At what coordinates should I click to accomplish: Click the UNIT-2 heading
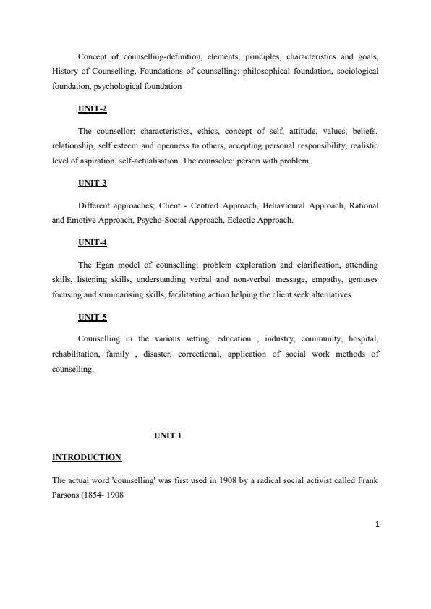pyautogui.click(x=92, y=109)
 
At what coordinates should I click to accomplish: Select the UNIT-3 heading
pyautogui.click(x=92, y=183)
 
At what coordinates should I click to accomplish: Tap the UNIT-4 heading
pyautogui.click(x=92, y=243)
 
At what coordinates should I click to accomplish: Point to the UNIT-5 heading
pyautogui.click(x=92, y=317)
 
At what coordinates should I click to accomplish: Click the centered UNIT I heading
pyautogui.click(x=168, y=435)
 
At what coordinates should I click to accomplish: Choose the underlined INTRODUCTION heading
pyautogui.click(x=87, y=457)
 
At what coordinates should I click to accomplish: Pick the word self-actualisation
pyautogui.click(x=155, y=161)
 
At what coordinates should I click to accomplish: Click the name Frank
pyautogui.click(x=366, y=480)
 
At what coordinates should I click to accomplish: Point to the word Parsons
pyautogui.click(x=67, y=494)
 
